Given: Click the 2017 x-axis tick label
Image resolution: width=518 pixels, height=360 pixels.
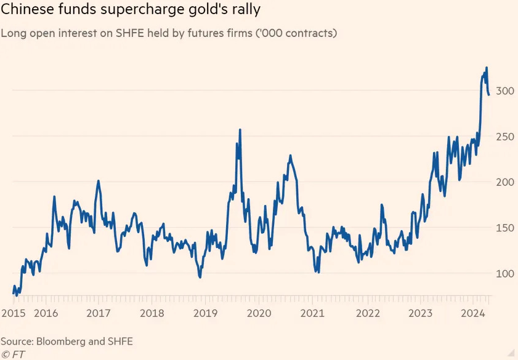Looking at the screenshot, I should click(99, 313).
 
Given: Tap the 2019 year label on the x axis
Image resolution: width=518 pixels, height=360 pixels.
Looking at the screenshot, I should click(206, 313).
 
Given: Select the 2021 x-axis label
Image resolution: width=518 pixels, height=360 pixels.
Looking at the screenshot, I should click(313, 313).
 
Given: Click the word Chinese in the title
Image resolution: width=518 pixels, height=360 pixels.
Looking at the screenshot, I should click(23, 10).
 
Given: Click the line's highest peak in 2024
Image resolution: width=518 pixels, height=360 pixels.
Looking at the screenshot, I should click(487, 68).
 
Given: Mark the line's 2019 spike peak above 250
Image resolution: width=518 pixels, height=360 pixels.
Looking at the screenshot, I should click(240, 130).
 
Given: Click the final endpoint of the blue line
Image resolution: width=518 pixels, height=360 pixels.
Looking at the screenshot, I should click(489, 94).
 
